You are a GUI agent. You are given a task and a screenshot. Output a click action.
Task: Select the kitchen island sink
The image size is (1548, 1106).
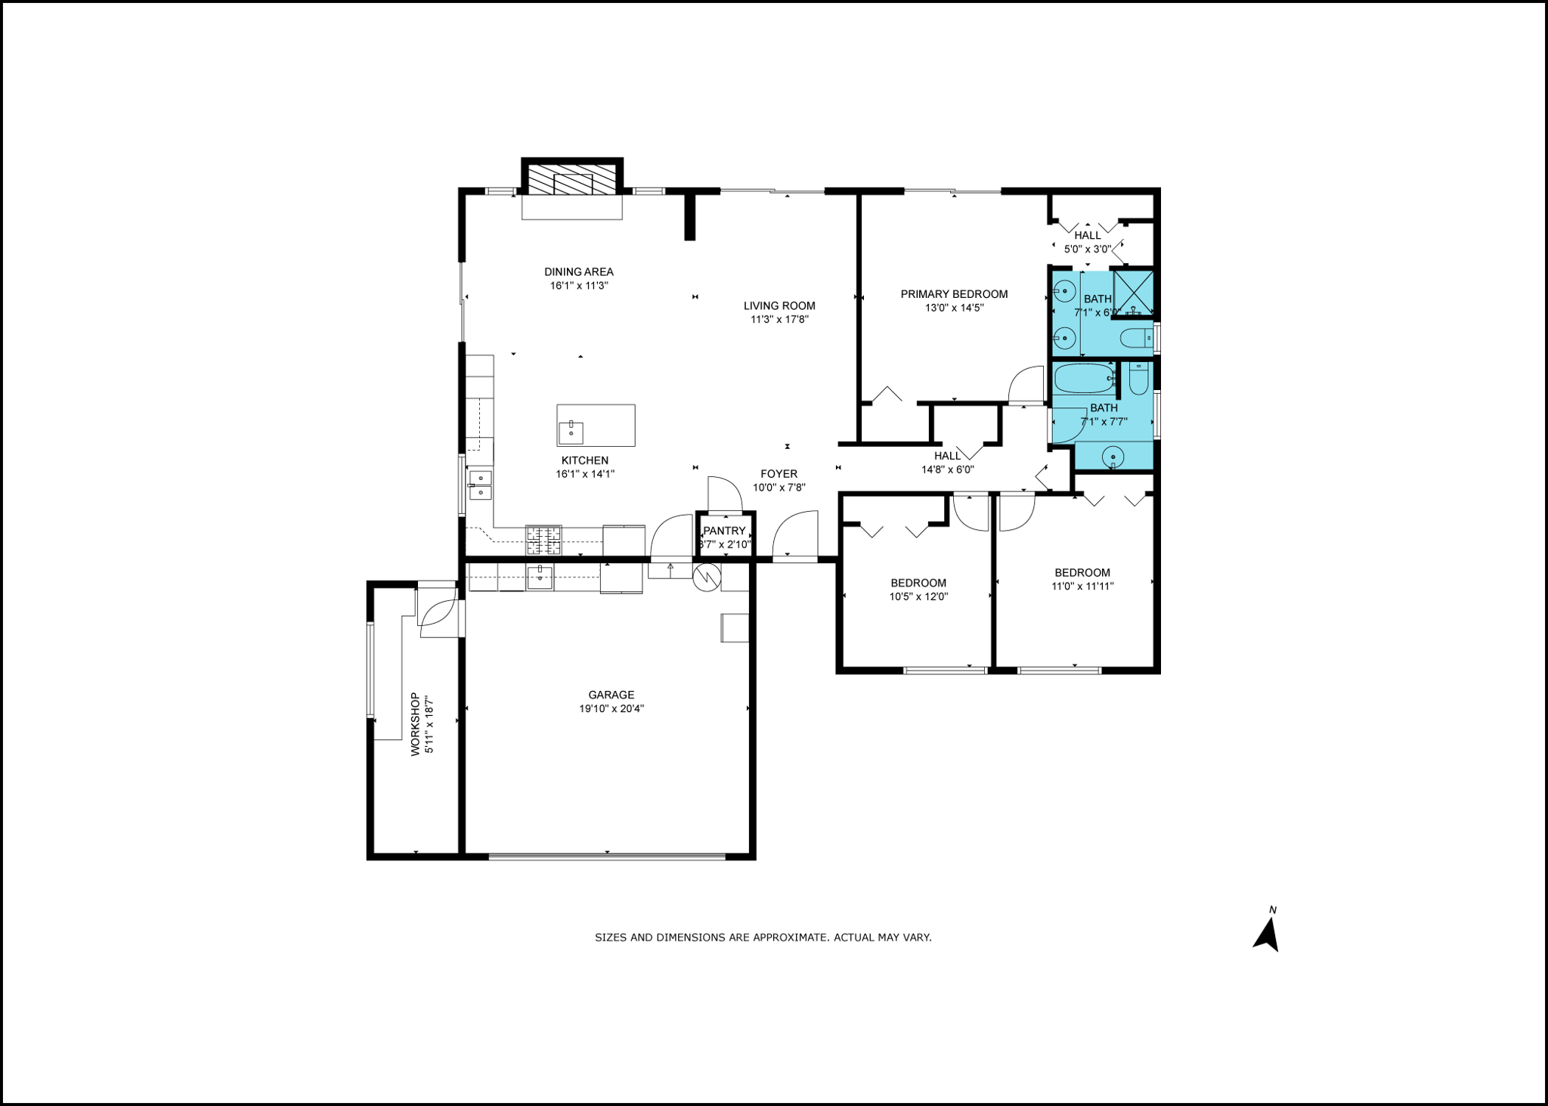pos(571,432)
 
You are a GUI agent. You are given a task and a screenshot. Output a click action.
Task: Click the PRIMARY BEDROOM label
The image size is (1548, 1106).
pos(954,294)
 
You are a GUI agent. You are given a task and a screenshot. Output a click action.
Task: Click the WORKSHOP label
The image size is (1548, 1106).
pos(415,724)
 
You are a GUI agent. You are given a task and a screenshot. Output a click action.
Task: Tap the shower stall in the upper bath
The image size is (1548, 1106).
pos(1134,293)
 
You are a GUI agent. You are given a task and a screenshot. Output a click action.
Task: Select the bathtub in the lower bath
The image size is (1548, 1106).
pos(1085,379)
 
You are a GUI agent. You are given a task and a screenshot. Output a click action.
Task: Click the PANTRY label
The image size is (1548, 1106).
pos(724,531)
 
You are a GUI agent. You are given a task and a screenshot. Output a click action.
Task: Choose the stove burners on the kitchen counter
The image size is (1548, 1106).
pos(544,540)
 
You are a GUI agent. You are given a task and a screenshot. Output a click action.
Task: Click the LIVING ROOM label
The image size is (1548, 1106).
pos(779,306)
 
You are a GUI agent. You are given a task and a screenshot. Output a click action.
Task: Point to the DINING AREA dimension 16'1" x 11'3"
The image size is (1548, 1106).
pos(579,286)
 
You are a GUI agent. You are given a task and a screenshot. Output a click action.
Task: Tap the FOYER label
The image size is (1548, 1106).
pos(779,474)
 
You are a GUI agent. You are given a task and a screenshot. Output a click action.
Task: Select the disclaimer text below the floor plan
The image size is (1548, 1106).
pos(763,937)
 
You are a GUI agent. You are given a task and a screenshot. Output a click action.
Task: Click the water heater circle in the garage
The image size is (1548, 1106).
pos(707,578)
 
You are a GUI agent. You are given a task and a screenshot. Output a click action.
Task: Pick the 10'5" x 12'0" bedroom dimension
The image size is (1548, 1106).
pos(918,596)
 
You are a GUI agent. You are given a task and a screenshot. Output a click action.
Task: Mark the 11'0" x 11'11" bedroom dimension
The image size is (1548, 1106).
pos(1082,586)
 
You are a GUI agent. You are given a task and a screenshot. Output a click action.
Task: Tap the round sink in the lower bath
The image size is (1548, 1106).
pos(1113,457)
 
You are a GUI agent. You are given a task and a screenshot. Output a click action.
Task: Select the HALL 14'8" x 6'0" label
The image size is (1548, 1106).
pos(947,462)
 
